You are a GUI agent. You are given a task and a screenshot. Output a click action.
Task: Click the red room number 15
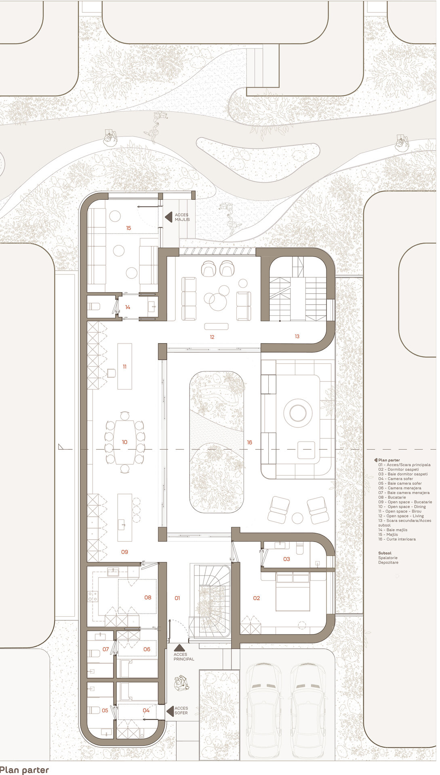click(128, 228)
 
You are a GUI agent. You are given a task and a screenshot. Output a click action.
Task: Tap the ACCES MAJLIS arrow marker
click(168, 217)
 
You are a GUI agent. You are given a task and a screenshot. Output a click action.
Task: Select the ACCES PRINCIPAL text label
click(184, 657)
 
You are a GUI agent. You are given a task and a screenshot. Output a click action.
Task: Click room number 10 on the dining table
click(124, 442)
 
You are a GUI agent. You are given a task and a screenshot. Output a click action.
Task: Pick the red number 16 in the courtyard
click(249, 442)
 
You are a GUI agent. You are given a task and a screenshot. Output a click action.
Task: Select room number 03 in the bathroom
click(286, 559)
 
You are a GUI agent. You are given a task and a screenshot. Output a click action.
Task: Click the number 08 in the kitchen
click(148, 597)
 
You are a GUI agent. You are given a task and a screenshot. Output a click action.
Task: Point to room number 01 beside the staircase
click(177, 598)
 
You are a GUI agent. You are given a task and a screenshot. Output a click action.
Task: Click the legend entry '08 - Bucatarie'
click(392, 497)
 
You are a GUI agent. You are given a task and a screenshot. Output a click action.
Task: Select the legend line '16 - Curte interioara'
click(397, 539)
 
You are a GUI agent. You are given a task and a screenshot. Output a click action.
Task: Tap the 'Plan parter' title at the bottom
click(24, 770)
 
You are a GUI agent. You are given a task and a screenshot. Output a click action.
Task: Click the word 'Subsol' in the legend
click(385, 553)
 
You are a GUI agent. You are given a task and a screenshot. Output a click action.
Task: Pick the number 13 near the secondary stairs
click(297, 336)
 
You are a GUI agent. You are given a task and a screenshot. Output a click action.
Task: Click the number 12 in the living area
click(212, 337)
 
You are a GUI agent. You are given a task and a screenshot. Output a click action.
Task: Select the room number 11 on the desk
click(124, 367)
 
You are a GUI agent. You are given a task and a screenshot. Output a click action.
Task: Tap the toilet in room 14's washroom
click(94, 306)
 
